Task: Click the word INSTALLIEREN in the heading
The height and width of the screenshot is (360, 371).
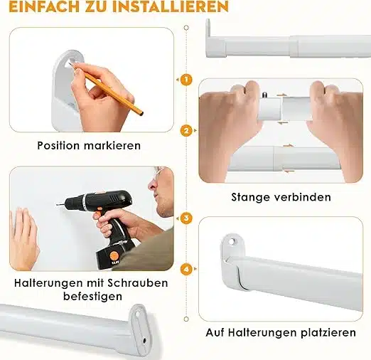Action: pos(171,6)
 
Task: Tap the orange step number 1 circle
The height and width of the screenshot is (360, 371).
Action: pos(186,80)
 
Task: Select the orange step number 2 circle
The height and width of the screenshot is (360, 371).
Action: pos(186,131)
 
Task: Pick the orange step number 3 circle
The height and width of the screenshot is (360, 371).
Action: pos(186,218)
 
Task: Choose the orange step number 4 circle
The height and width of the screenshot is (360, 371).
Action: pos(186,269)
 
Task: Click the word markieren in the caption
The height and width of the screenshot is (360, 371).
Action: pos(112,145)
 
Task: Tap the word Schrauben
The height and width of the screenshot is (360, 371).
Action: pos(138,283)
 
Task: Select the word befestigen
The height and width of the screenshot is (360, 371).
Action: pos(92,296)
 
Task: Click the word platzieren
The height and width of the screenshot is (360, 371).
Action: pos(328,332)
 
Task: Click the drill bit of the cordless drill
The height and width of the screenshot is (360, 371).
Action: pos(60,203)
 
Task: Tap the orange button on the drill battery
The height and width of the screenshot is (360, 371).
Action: pos(114,256)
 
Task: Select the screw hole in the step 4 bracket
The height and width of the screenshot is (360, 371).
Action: pos(232,242)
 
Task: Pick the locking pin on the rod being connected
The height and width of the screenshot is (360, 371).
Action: pos(264,95)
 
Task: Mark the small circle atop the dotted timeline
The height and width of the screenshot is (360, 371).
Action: pos(186,28)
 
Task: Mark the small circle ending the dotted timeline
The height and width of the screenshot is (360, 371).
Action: pos(186,319)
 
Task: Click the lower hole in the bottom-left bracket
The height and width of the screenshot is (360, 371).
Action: pos(144,341)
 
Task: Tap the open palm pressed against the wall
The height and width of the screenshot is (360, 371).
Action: pos(23,240)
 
